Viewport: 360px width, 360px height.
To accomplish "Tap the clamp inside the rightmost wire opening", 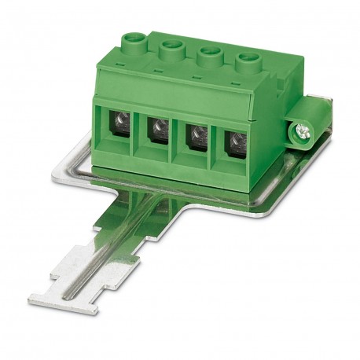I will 233,144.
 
